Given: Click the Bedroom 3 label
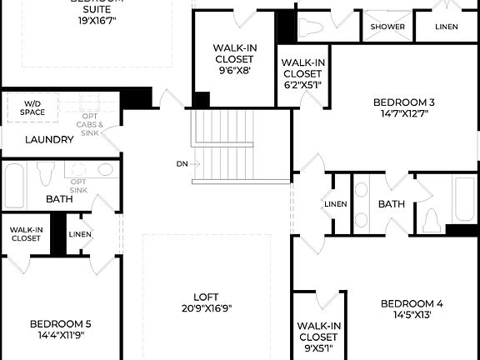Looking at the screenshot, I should pos(403,103).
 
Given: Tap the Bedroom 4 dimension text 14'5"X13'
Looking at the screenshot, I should pos(412,317).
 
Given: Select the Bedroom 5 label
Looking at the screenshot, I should pos(60,323).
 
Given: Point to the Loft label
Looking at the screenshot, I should pos(206,296).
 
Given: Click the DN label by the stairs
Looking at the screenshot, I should pos(182,163).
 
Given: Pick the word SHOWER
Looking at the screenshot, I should pos(388,27).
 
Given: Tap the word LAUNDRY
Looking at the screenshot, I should pos(49,139).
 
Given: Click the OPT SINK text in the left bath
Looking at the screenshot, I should pos(78,185).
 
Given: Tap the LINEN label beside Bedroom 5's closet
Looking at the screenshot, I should pos(80,234).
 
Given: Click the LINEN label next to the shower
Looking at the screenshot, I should pos(446,27).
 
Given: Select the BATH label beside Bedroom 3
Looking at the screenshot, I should pos(392,204).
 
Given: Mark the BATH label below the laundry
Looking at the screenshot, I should pos(59,199).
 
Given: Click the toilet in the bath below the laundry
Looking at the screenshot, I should pos(46,174).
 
